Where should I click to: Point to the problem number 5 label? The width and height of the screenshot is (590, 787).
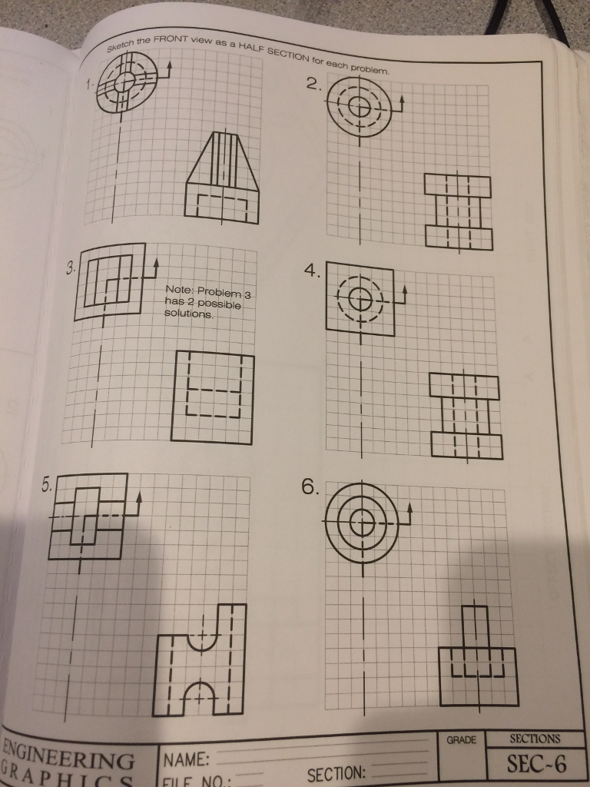pyautogui.click(x=47, y=485)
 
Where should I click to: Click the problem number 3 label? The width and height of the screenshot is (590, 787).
pyautogui.click(x=70, y=268)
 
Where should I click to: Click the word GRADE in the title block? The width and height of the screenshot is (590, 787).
pyautogui.click(x=461, y=740)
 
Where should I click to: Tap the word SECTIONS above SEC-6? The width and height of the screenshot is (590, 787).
pyautogui.click(x=535, y=739)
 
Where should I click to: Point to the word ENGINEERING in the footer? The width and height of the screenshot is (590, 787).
pyautogui.click(x=69, y=752)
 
